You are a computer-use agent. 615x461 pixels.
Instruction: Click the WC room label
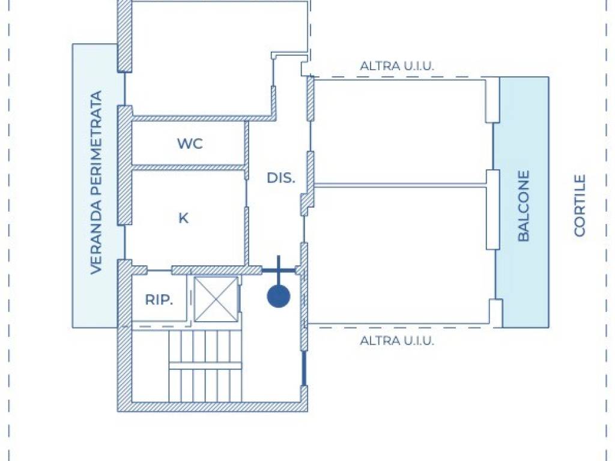pos(190,143)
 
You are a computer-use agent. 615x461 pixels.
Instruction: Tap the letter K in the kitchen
pos(183,218)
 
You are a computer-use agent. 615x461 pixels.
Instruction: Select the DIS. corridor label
pos(281,178)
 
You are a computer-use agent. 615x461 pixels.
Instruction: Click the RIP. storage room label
pos(159,300)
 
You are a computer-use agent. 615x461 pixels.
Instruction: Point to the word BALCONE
pos(524,205)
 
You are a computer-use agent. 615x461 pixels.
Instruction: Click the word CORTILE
pos(580,205)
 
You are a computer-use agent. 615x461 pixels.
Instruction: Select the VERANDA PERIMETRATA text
pos(96,182)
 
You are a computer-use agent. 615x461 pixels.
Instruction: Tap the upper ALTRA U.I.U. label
pos(397,66)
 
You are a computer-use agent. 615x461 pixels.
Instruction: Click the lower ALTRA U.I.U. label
pos(397,340)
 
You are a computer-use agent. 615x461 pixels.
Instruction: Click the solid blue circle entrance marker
pos(279,297)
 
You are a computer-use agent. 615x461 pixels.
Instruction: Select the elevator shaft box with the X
pos(216,300)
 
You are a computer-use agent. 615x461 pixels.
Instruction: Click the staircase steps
pos(205,366)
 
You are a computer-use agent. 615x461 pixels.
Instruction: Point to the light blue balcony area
pos(525,202)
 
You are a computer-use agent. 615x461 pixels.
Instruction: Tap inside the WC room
pos(188,143)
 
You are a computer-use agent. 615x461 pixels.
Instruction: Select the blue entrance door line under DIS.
pos(279,270)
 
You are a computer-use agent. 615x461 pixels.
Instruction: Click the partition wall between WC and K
pos(188,167)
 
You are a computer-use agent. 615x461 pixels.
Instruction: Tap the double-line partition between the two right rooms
pos(400,185)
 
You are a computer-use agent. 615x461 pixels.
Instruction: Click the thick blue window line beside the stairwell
pos(303,369)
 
